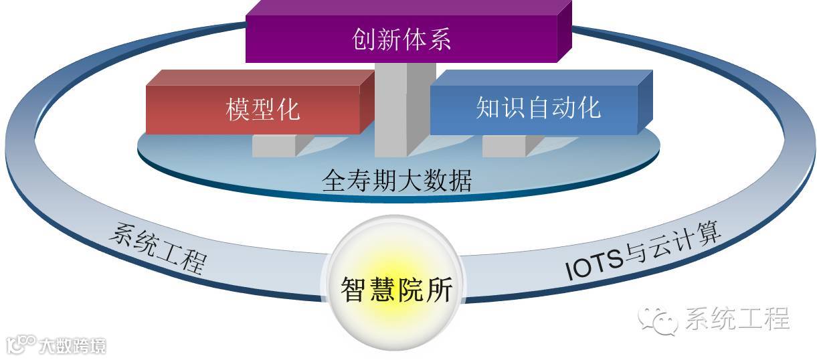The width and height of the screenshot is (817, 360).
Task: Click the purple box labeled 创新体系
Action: pos(401,39)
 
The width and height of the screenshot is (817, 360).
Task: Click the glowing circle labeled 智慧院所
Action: pos(396,288)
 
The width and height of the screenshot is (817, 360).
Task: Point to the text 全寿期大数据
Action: pos(397,181)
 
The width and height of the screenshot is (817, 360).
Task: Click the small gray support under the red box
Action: pos(274,145)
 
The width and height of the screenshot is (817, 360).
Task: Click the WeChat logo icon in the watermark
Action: pos(656,321)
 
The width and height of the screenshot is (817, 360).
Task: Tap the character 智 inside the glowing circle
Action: pos(353,290)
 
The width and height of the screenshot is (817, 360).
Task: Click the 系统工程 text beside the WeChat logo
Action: pos(735,319)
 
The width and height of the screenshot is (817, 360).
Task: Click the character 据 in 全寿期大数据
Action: pos(460,181)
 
